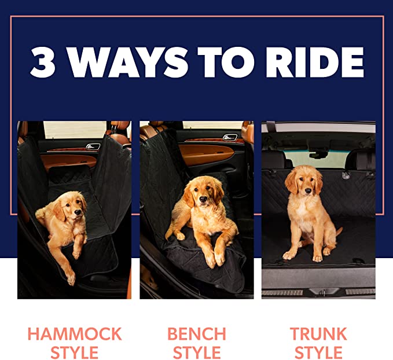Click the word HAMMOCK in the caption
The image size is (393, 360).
point(75,334)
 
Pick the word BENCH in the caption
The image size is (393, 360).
point(197,334)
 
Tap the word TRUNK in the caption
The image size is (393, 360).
point(318,334)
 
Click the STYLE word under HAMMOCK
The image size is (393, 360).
point(75,352)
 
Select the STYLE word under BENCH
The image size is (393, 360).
point(197,352)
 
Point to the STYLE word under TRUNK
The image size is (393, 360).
point(318,352)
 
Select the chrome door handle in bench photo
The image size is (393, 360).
point(230,138)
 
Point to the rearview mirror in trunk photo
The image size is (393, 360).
point(317,153)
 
